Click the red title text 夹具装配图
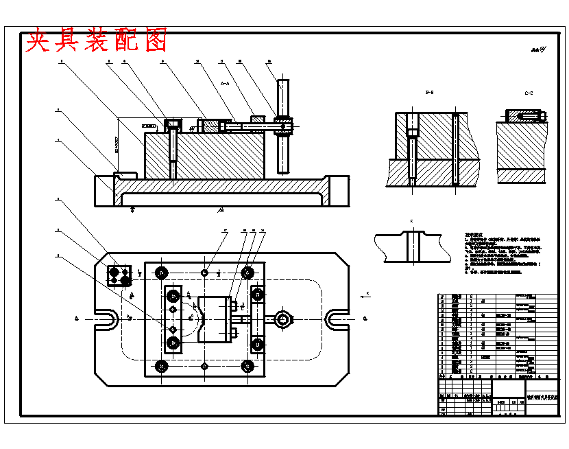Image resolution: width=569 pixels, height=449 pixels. click(96, 41)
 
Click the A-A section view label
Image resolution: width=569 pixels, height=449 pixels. click(225, 83)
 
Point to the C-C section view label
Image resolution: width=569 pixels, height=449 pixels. click(529, 92)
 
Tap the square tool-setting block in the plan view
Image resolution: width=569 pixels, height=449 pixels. click(119, 275)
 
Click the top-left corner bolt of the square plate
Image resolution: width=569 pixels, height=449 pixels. click(161, 273)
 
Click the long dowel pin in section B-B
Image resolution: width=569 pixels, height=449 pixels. click(455, 149)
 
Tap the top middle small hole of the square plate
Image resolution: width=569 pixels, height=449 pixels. click(205, 273)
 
